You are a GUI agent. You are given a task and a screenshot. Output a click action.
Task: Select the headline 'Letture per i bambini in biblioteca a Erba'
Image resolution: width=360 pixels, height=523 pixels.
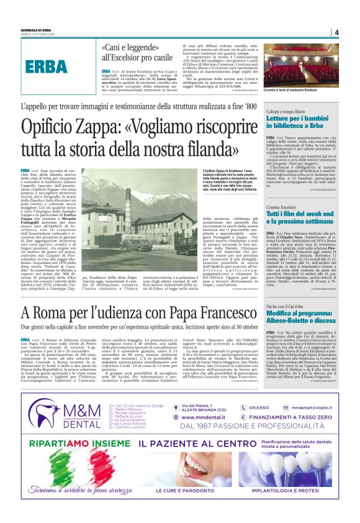pyautogui.click(x=300, y=121)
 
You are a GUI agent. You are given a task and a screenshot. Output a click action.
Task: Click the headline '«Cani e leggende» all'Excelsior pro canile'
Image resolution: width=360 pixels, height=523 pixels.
pyautogui.click(x=137, y=53)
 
